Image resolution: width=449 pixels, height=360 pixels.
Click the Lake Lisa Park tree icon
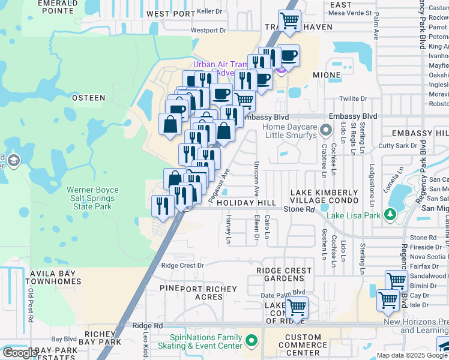coord(390,214)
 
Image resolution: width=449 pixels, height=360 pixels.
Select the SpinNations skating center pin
coord(251,342)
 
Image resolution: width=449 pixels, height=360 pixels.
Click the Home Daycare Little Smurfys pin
coord(326,130)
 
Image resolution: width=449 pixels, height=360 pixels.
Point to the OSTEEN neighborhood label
coord(88,97)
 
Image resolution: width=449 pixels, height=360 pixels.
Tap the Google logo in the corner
coord(19,353)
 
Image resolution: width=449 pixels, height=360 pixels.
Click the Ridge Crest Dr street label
coord(182,265)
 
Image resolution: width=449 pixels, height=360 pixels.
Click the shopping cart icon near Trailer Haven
coord(290,20)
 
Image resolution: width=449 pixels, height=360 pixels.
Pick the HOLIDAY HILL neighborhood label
coord(246,203)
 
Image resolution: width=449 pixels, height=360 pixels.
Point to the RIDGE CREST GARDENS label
coord(284,275)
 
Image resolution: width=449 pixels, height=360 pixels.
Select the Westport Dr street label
coord(208,30)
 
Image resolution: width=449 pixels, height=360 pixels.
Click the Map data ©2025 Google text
coord(411,355)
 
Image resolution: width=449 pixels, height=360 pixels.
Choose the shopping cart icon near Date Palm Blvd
coord(296,308)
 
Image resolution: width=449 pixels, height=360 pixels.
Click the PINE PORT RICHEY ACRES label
coord(191,293)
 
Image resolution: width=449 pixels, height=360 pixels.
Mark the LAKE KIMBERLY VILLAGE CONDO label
coord(324,197)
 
